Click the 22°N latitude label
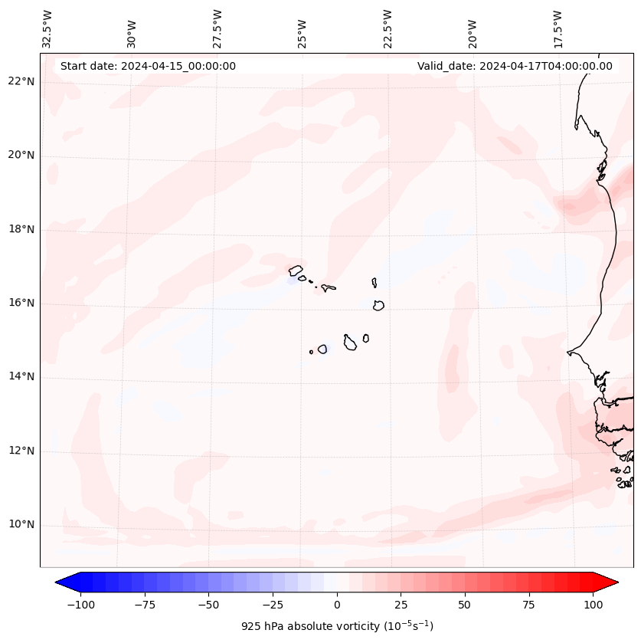tap(22, 82)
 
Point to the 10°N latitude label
tap(22, 525)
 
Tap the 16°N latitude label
tap(22, 303)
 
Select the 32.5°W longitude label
tap(47, 29)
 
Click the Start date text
tap(148, 66)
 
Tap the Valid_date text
tap(515, 66)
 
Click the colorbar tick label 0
tap(337, 605)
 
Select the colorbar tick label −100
tap(80, 605)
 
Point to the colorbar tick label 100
tap(593, 605)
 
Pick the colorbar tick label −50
tap(208, 605)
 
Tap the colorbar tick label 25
tap(401, 605)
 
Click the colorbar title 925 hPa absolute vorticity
tap(337, 626)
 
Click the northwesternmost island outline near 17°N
tap(296, 271)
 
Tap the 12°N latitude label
tap(22, 451)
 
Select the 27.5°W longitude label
tap(217, 29)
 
